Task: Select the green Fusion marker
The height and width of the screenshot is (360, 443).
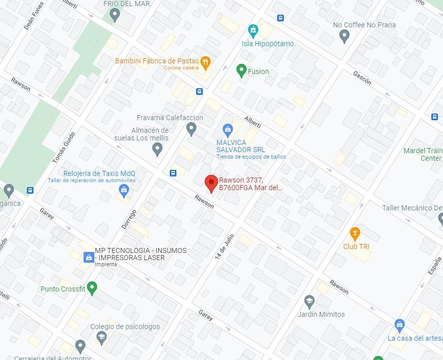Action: tap(241, 70)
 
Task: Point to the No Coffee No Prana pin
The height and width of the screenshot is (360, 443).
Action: tap(344, 35)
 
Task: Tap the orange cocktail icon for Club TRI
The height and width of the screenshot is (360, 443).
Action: tap(355, 234)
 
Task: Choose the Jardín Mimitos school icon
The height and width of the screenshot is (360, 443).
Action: tap(309, 302)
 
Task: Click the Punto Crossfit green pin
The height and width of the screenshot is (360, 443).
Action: tap(92, 288)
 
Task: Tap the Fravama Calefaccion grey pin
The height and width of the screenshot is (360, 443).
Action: tap(191, 129)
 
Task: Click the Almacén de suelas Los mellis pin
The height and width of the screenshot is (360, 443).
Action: tap(157, 148)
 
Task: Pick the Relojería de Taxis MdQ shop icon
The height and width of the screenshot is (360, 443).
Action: tap(124, 191)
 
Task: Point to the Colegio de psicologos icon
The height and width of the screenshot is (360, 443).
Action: tap(101, 337)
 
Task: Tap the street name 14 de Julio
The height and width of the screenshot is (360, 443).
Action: tap(224, 246)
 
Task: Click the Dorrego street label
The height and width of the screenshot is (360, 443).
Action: tap(129, 219)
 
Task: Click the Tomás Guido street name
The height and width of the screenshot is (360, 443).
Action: tap(59, 148)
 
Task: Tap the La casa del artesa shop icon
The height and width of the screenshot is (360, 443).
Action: tap(399, 324)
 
